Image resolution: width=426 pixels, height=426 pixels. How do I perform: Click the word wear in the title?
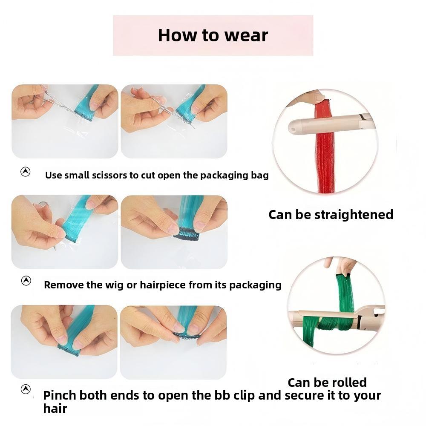coord(246,36)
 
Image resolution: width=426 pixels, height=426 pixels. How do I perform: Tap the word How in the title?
coord(177,35)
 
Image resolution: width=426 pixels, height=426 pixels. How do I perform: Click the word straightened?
coord(354,215)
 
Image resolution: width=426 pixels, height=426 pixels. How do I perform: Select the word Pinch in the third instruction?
coord(60,395)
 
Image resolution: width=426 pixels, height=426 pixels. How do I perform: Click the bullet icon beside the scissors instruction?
coord(26,172)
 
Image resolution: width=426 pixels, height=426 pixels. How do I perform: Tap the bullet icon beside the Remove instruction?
coord(26,281)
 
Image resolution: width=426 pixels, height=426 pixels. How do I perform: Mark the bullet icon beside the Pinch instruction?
coord(26,389)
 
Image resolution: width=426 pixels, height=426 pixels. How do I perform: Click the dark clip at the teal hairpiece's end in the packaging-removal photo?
coord(187,235)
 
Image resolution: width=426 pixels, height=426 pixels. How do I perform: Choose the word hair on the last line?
coord(55,409)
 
